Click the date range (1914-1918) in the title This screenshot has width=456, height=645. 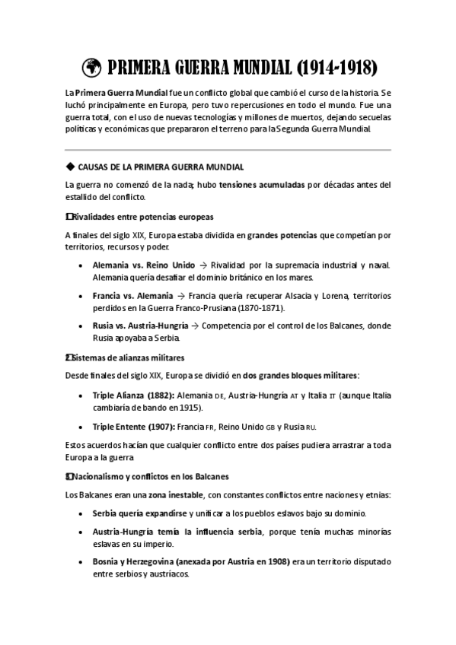point(334,68)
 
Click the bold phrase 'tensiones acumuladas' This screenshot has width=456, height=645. point(261,184)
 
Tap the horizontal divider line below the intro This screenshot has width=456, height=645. point(228,149)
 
